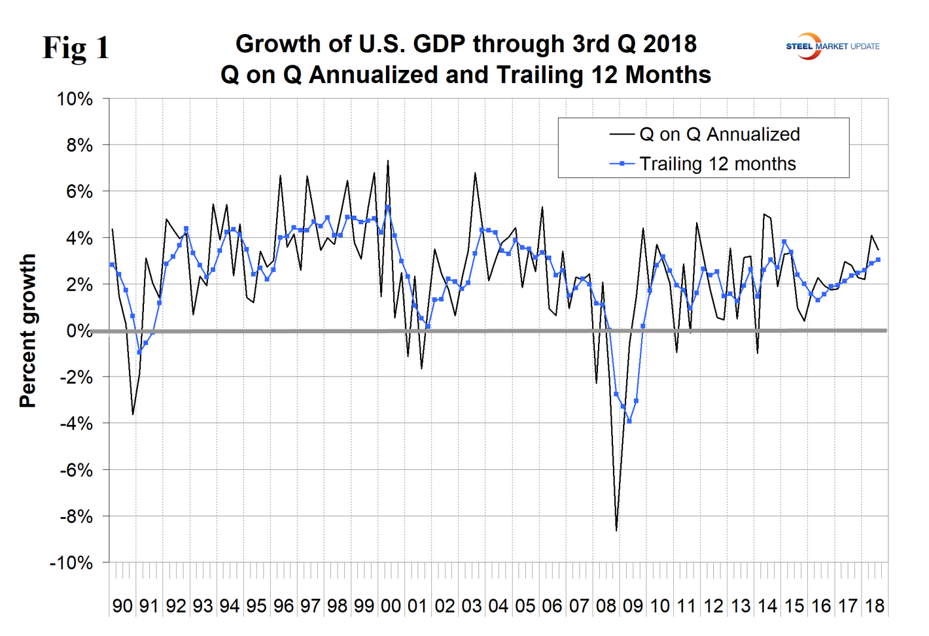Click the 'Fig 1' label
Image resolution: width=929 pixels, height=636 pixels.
coord(76,48)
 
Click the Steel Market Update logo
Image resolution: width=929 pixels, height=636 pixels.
coord(832,46)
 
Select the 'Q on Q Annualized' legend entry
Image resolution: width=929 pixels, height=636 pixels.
coord(718,135)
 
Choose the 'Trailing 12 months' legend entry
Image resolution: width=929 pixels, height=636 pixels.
coord(717,164)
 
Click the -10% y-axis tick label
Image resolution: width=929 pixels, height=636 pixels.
coord(71,563)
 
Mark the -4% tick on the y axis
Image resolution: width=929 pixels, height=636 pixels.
coord(76,424)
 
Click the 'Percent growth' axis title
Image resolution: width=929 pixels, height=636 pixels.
coord(27,331)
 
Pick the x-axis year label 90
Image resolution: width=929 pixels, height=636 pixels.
coord(122,606)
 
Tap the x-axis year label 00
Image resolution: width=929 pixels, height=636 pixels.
coord(391,606)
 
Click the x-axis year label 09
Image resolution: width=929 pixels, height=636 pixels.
coord(633,606)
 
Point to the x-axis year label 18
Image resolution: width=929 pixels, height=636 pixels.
coord(875,606)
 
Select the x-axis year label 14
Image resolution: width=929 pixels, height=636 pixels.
coord(767,606)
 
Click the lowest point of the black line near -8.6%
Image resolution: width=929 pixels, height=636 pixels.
coord(616,530)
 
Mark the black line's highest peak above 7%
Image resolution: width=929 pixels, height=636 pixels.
coord(388,161)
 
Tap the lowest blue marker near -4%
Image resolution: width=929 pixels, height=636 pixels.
coord(629,421)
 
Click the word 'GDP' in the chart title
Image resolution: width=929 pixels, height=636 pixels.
coord(440,44)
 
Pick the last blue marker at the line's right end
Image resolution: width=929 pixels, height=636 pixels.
coord(878,259)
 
